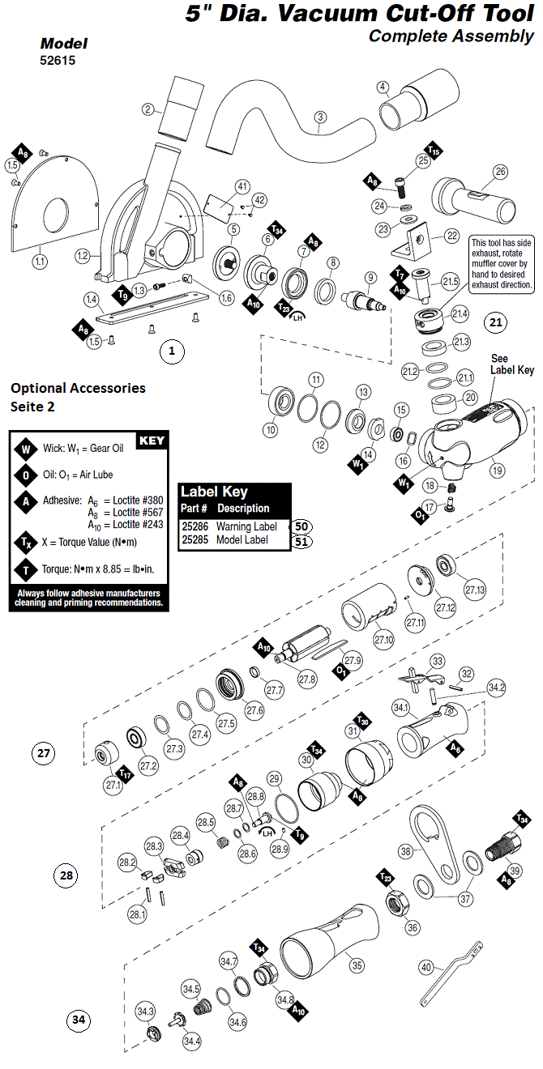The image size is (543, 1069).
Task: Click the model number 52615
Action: coord(58,60)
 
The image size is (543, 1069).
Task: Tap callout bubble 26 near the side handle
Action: coord(501,172)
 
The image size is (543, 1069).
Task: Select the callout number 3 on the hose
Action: coord(320,117)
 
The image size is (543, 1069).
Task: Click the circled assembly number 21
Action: coord(496,322)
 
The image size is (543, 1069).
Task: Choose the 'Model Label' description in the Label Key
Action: coord(242,539)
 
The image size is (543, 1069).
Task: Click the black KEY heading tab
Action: coord(152,441)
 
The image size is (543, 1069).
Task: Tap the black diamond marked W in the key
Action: coord(26,449)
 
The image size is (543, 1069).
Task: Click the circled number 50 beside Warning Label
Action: coord(301,526)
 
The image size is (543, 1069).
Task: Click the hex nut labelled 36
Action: coord(397,901)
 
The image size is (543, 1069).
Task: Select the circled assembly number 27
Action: coord(44,753)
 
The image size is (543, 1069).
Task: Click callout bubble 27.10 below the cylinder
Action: coord(383,640)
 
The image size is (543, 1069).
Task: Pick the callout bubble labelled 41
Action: coord(242,186)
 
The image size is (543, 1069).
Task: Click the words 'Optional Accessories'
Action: coord(78,388)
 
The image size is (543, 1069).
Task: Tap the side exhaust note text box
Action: coord(501,264)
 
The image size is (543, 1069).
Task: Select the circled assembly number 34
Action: coord(79,1020)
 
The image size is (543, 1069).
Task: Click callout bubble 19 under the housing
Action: coord(497,471)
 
